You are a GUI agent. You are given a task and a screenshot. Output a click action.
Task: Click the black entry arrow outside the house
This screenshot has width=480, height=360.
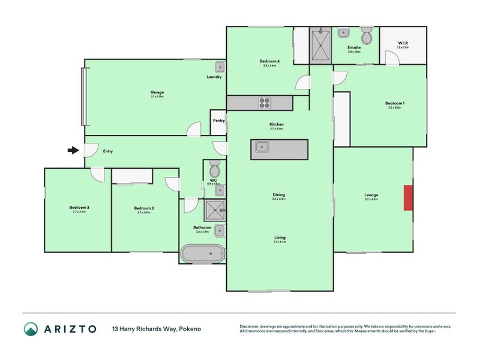[73, 150]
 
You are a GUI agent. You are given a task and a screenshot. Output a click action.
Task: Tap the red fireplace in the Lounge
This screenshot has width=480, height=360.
[408, 198]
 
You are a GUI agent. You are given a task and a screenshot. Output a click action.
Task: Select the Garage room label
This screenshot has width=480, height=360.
[157, 92]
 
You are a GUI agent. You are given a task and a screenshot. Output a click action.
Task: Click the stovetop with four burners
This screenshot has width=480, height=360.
[265, 103]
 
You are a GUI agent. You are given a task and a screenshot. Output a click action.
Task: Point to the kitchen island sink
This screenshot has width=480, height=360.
[262, 146]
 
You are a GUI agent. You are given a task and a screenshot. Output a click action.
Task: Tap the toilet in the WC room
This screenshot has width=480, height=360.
[215, 167]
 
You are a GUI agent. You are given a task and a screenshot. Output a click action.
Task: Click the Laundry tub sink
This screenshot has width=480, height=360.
[220, 67]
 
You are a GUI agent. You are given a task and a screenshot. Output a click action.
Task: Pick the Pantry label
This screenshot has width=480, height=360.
[218, 121]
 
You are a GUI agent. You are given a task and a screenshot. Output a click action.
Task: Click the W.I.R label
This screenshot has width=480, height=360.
[403, 43]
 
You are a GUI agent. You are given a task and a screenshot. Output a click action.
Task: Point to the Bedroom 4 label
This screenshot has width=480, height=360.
[268, 61]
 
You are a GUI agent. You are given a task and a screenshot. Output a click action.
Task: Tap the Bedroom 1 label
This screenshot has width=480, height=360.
[394, 103]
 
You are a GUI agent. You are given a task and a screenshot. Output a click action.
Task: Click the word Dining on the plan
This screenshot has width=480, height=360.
[278, 194]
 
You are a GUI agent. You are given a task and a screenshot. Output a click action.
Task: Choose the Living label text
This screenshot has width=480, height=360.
[279, 238]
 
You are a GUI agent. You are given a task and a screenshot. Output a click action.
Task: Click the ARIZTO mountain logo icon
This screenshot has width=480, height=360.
[31, 329]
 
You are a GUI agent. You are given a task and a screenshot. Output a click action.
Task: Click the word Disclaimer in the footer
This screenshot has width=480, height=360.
[252, 326]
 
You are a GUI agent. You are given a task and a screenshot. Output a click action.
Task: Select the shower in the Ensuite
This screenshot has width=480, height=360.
[320, 45]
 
